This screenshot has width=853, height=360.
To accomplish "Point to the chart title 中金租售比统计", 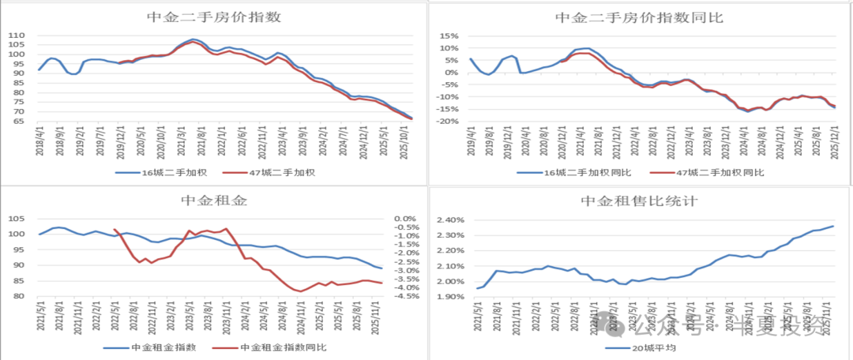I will (639, 201).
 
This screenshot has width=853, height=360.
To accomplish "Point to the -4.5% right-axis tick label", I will (405, 297).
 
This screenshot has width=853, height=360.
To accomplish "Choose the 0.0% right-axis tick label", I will (405, 219).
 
